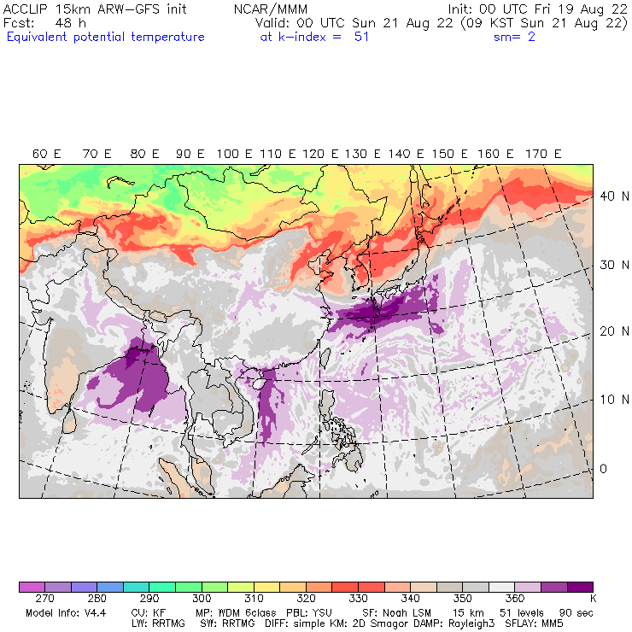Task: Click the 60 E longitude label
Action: (x=46, y=154)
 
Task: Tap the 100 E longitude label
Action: (x=233, y=154)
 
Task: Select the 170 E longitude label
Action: (x=544, y=154)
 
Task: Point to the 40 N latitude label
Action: (x=608, y=196)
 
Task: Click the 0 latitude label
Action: (x=603, y=469)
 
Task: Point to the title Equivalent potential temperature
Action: (x=105, y=37)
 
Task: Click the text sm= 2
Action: (x=514, y=37)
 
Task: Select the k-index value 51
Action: (x=361, y=37)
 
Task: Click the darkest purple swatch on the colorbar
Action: (x=579, y=588)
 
